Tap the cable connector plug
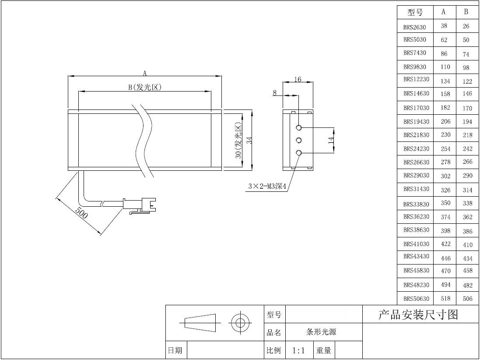139,205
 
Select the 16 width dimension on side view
298,79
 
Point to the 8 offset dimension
275,92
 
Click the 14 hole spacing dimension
331,140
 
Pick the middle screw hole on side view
299,140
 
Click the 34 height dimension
249,140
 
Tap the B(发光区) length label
145,87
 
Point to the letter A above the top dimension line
145,73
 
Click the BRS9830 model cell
414,67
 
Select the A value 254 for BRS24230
445,148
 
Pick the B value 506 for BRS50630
467,298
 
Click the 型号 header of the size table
415,12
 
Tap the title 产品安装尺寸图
418,314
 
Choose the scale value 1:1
298,350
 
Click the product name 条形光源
321,332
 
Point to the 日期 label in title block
175,350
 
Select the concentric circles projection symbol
240,323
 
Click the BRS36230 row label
416,217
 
